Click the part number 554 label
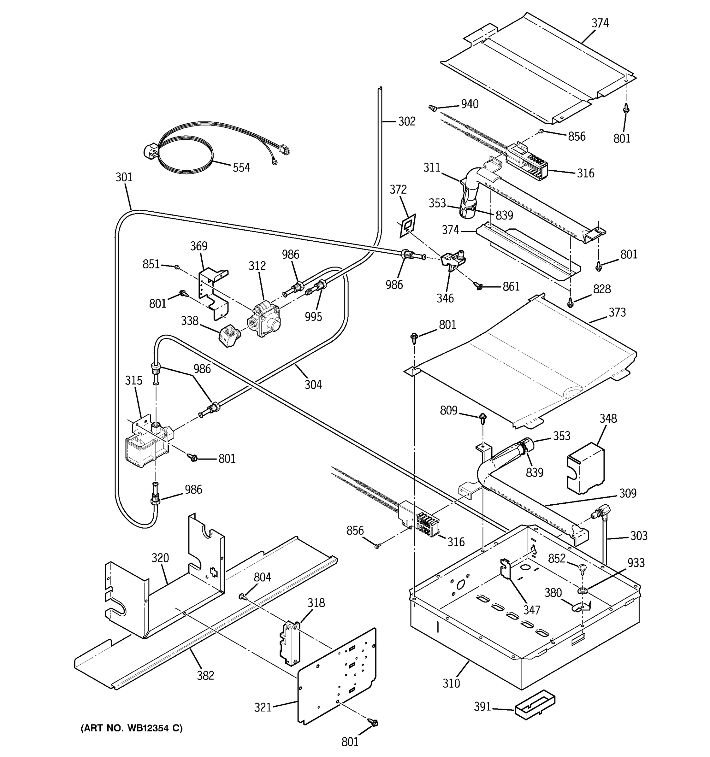pos(241,167)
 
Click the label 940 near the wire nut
pos(469,104)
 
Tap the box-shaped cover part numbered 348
pos(585,468)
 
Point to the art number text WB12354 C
pos(131,728)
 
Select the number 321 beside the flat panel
pos(263,707)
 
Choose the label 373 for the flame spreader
pos(617,312)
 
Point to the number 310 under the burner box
pos(451,684)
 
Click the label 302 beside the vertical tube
pos(406,121)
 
